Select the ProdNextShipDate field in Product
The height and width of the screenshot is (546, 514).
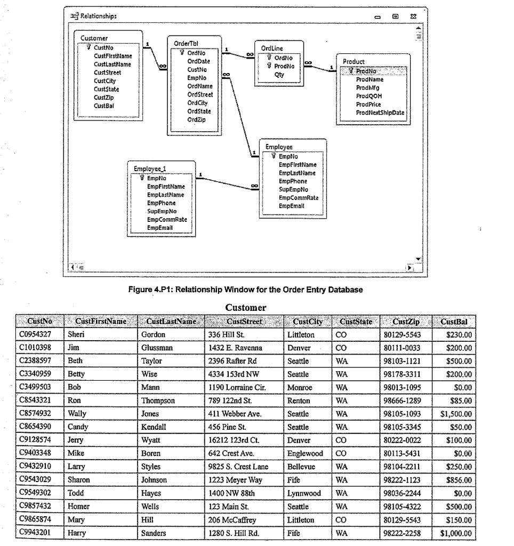click(x=380, y=113)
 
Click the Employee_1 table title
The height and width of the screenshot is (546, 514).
click(x=150, y=168)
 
